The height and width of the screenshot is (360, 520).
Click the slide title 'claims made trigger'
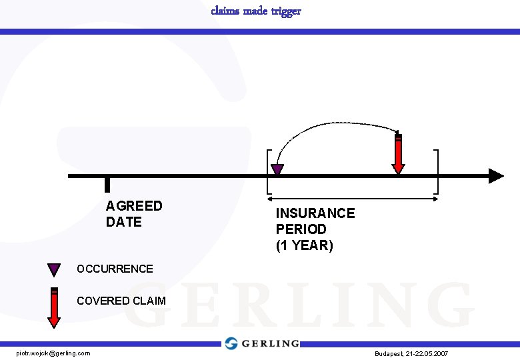point(256,11)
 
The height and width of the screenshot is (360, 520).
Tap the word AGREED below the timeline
point(134,206)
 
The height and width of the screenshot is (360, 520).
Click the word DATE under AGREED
point(124,222)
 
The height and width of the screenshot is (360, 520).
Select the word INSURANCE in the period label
point(315,213)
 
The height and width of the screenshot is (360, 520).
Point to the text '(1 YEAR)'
point(304,245)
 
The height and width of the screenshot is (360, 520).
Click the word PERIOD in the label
point(301,229)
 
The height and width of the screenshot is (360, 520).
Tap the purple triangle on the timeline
point(277,169)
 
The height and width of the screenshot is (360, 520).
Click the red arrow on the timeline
point(398,154)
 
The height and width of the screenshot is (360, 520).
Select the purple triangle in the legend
point(54,269)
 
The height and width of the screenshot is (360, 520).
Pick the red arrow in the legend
point(54,307)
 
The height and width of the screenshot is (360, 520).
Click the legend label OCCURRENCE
point(115,269)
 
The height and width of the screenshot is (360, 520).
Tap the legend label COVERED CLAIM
point(121,301)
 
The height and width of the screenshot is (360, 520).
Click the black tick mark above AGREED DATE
point(107,185)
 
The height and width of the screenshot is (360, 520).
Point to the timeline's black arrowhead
point(496,176)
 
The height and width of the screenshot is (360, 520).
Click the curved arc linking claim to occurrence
point(333,123)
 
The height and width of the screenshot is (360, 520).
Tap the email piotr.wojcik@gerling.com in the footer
point(53,353)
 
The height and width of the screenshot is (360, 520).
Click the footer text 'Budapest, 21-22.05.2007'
point(411,353)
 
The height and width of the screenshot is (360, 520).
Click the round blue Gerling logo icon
point(231,343)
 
